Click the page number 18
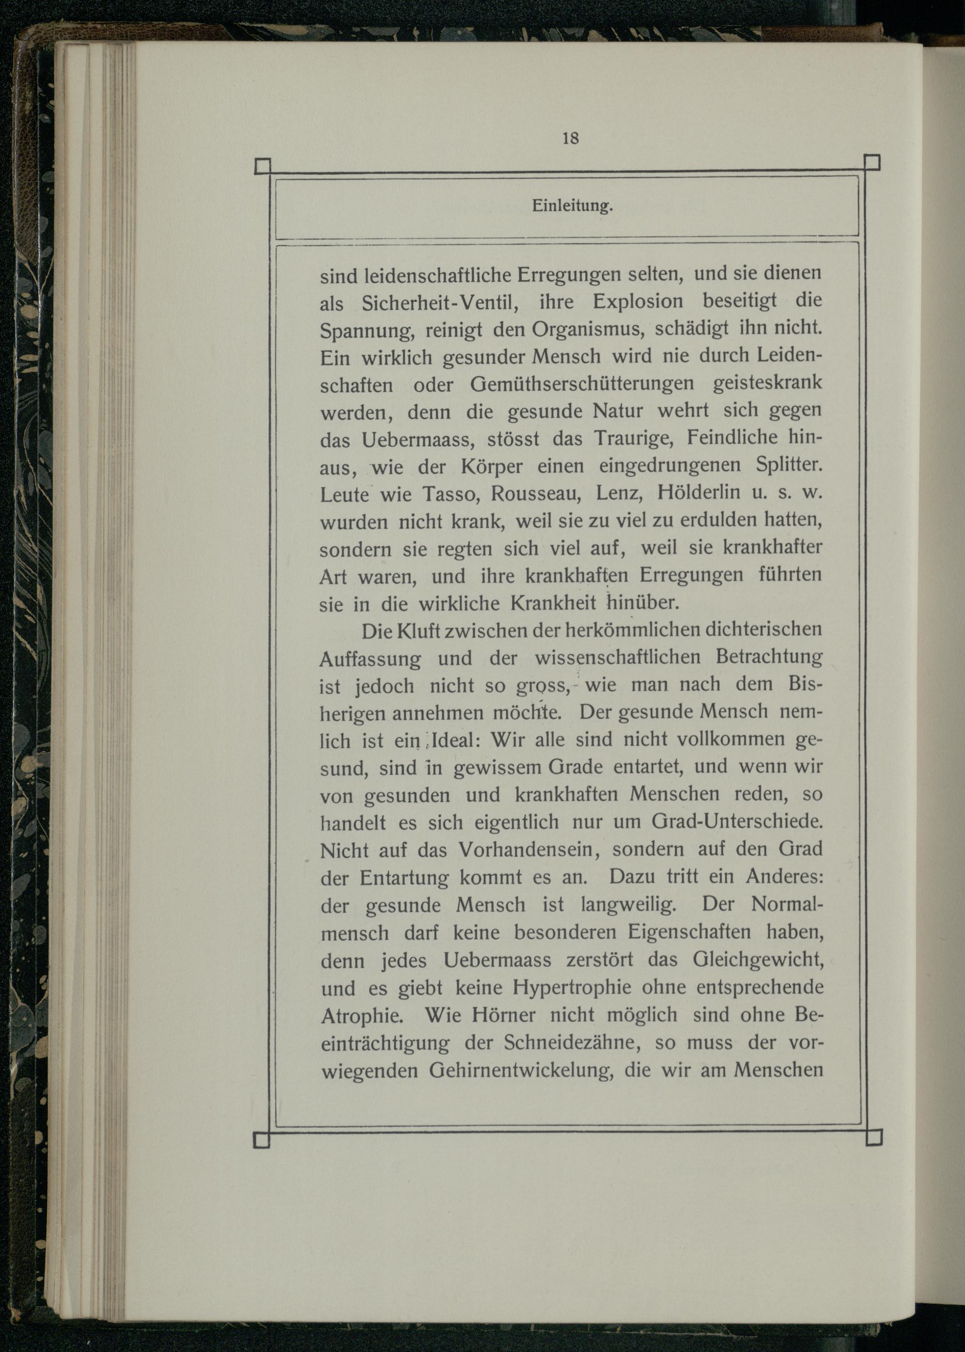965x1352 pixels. (x=570, y=138)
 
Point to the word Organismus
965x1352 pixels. (x=585, y=329)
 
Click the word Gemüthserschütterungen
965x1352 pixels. (x=582, y=383)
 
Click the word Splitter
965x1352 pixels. (x=789, y=464)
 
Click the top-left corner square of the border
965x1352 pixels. (x=262, y=166)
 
